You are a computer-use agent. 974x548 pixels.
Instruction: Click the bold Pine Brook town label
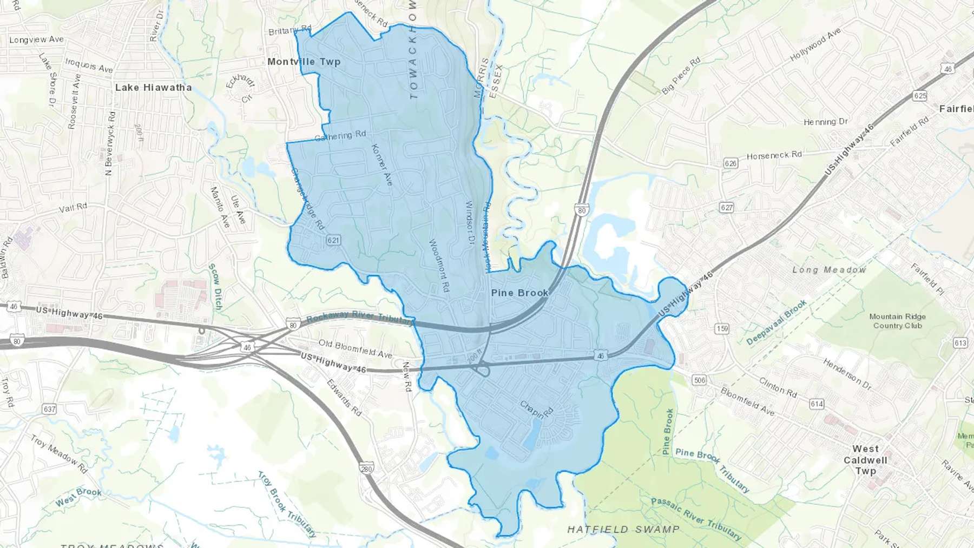pyautogui.click(x=519, y=293)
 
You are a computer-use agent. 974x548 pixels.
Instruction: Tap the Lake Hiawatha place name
pyautogui.click(x=153, y=87)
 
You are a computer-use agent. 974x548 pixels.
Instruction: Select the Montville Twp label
pyautogui.click(x=304, y=62)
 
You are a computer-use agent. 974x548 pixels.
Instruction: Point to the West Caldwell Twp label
pyautogui.click(x=865, y=460)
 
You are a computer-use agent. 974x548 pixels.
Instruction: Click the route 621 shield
pyautogui.click(x=333, y=240)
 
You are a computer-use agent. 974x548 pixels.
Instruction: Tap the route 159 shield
pyautogui.click(x=722, y=328)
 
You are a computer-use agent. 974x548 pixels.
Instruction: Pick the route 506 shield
pyautogui.click(x=699, y=380)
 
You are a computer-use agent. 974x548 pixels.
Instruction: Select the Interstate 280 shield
pyautogui.click(x=367, y=469)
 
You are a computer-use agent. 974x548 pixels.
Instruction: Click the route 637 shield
pyautogui.click(x=49, y=409)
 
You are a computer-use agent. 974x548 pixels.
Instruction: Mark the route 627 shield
pyautogui.click(x=726, y=208)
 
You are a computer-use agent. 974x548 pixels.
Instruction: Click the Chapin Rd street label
pyautogui.click(x=537, y=410)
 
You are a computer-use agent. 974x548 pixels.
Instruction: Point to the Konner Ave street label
pyautogui.click(x=382, y=165)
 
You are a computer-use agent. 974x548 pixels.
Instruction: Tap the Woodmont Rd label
pyautogui.click(x=439, y=266)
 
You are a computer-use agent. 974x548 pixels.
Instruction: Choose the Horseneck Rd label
pyautogui.click(x=774, y=155)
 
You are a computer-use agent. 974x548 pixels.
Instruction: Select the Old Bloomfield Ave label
pyautogui.click(x=355, y=349)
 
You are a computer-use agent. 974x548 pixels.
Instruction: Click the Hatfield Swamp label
pyautogui.click(x=623, y=529)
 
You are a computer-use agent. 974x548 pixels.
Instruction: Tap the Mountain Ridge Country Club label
pyautogui.click(x=897, y=321)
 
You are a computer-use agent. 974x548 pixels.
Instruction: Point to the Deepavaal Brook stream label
pyautogui.click(x=776, y=322)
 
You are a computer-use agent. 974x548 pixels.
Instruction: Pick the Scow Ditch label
pyautogui.click(x=215, y=287)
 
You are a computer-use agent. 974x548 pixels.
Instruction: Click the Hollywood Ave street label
pyautogui.click(x=815, y=44)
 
